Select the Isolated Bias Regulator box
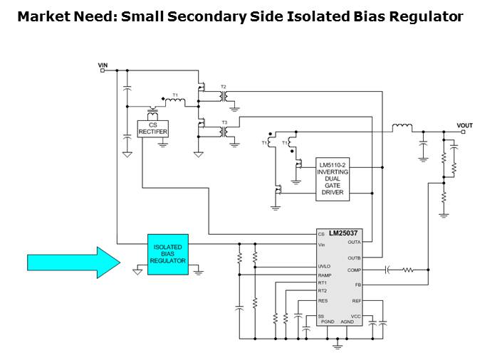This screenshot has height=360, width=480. click(168, 254)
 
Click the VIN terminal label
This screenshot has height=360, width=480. click(103, 65)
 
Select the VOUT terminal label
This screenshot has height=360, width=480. click(464, 126)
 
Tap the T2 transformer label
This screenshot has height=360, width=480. click(223, 86)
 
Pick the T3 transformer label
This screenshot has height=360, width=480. click(224, 122)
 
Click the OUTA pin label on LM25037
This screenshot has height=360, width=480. click(354, 243)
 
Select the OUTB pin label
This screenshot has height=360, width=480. click(354, 258)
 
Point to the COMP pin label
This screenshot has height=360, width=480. click(354, 270)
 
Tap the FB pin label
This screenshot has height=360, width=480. click(358, 285)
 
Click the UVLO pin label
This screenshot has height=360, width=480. click(324, 267)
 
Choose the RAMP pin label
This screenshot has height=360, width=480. click(324, 275)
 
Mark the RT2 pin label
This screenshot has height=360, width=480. click(322, 290)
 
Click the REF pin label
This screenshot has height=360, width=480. click(357, 300)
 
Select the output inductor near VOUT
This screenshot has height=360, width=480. click(402, 128)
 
